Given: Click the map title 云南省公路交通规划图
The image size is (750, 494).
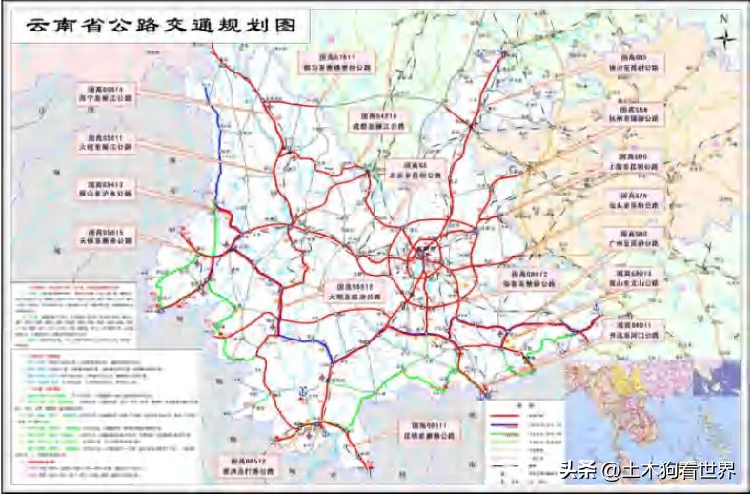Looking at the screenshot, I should click(158, 27).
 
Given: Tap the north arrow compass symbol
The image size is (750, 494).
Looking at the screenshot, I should click(726, 39).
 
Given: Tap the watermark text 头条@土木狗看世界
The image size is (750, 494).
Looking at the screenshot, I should click(648, 469).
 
